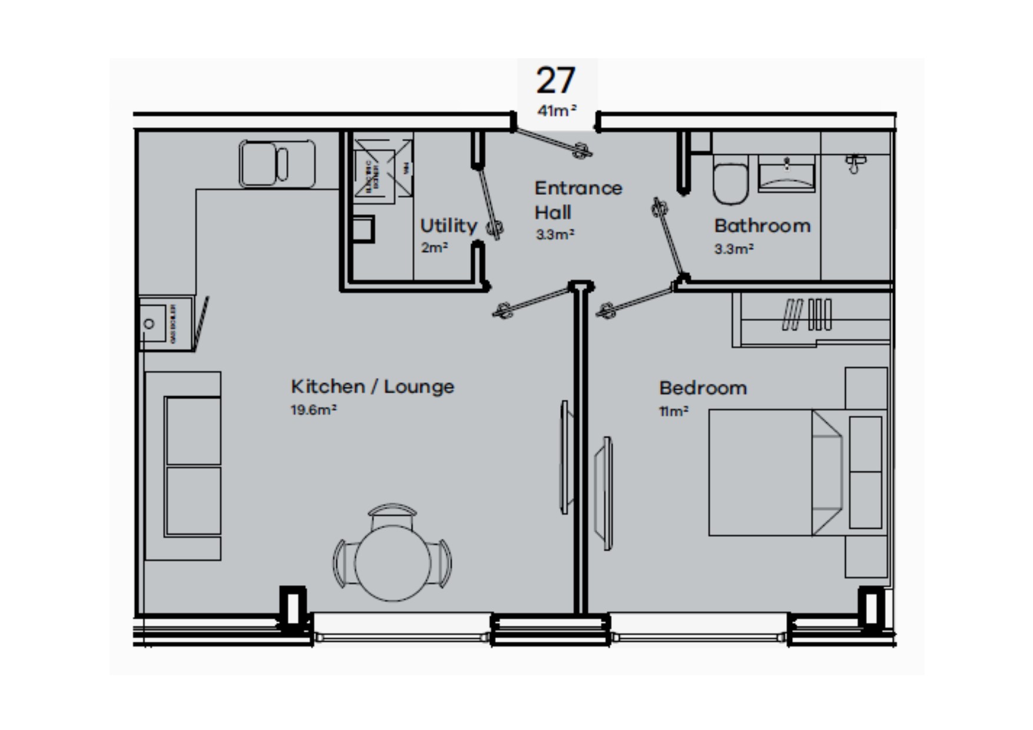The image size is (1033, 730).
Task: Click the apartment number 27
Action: [x=555, y=81]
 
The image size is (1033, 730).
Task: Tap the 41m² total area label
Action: [x=557, y=110]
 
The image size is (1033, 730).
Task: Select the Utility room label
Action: [x=448, y=225]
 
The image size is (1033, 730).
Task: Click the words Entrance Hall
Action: [x=578, y=200]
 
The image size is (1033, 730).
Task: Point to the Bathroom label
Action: [x=762, y=225]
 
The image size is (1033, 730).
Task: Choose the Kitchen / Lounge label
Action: [x=372, y=387]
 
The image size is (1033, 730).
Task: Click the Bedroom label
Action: [x=703, y=388]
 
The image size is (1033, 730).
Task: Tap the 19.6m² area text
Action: [x=313, y=410]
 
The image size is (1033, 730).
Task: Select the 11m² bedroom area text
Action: [x=673, y=411]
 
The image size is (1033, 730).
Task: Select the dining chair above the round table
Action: [x=393, y=516]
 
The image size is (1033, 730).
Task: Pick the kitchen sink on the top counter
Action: [x=276, y=164]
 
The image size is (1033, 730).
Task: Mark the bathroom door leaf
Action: [x=671, y=241]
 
